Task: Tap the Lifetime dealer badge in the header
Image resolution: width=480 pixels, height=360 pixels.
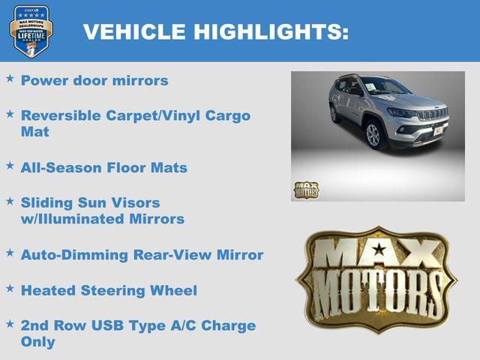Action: tap(31, 31)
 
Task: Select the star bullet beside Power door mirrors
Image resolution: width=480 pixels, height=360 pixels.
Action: tap(10, 78)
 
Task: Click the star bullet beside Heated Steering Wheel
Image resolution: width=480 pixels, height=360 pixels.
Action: tap(10, 288)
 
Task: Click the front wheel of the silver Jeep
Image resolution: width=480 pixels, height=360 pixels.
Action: tap(373, 135)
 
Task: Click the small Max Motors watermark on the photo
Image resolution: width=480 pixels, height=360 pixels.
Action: tap(306, 189)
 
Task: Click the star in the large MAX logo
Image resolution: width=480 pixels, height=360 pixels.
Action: tap(379, 249)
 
